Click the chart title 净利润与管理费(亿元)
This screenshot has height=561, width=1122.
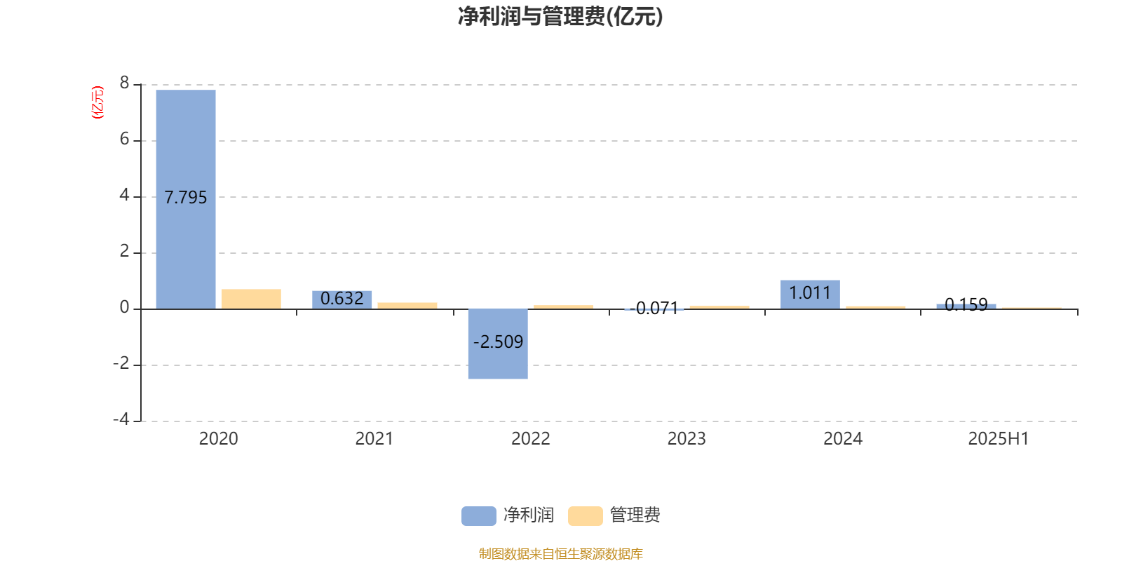click(560, 16)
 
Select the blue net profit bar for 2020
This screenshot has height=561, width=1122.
click(186, 199)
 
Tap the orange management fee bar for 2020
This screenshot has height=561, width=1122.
click(251, 299)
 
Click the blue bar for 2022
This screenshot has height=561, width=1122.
click(498, 344)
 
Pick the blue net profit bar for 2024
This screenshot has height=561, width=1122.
click(810, 295)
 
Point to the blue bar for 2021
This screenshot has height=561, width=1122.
click(342, 300)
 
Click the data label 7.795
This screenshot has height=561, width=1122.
click(185, 197)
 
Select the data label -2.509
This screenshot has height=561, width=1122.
click(498, 342)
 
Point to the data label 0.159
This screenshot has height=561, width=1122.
click(966, 304)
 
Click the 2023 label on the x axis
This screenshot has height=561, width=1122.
click(687, 439)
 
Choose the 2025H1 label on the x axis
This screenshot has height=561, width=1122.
click(999, 439)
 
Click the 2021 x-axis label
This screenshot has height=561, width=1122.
click(374, 439)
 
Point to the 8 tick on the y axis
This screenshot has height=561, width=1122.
click(124, 83)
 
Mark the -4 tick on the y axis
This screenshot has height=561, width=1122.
click(121, 419)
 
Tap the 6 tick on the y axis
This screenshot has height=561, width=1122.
click(124, 139)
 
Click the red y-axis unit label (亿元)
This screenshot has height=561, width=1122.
click(97, 102)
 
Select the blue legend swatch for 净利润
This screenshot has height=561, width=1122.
click(479, 516)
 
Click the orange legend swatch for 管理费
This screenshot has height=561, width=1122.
click(585, 516)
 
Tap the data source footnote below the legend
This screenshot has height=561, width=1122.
click(560, 553)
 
